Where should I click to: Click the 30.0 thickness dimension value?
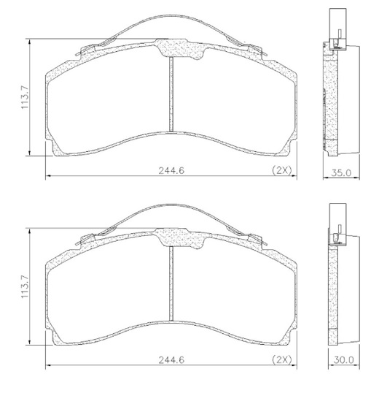click(343, 359)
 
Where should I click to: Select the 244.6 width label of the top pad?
click(171, 171)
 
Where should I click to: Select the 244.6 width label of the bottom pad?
click(171, 359)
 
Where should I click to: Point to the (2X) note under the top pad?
click(281, 170)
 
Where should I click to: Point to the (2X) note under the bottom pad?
click(281, 359)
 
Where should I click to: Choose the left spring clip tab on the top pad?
click(85, 50)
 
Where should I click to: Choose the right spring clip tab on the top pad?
click(254, 50)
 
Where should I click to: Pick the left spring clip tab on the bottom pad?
click(85, 239)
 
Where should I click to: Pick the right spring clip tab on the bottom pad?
click(254, 239)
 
